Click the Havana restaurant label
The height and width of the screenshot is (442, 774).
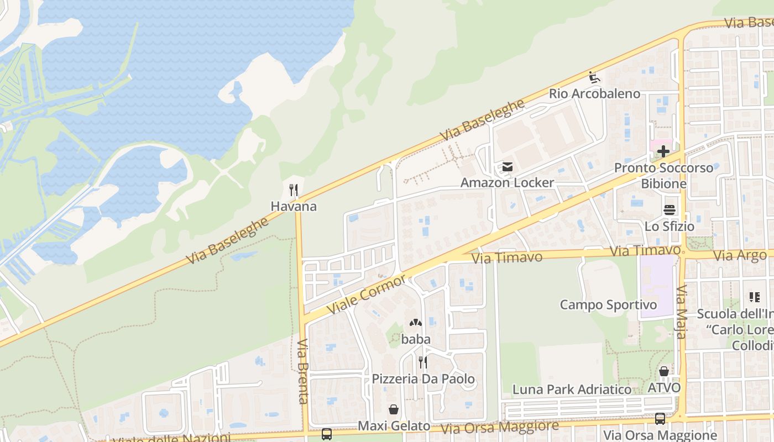pos(294,207)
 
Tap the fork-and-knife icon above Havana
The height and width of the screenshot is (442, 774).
pos(294,191)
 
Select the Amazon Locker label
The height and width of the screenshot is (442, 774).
pos(507,182)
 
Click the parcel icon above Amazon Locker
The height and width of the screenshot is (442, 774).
pos(507,166)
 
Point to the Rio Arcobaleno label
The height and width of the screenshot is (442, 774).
pos(594,93)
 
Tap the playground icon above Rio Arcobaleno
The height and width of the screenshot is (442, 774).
pos(594,77)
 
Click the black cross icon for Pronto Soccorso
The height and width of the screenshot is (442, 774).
pos(663,151)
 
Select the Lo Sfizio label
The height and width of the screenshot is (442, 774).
pos(669,226)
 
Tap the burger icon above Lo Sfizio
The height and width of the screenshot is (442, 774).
pos(670,210)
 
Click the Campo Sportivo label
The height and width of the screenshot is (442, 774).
pos(608,304)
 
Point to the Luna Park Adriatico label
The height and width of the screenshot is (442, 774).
pos(572,390)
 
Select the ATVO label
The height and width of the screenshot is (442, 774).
pos(663,388)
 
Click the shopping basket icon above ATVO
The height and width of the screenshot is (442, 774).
pos(663,371)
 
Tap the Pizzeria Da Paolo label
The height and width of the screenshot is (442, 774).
pos(423,379)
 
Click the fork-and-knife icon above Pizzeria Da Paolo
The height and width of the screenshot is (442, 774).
pos(422,362)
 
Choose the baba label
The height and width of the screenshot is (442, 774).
pos(416,339)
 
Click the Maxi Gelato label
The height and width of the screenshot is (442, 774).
pos(394,426)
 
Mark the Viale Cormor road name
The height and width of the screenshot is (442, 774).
pos(367,293)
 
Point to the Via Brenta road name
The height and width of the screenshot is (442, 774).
pos(302,371)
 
